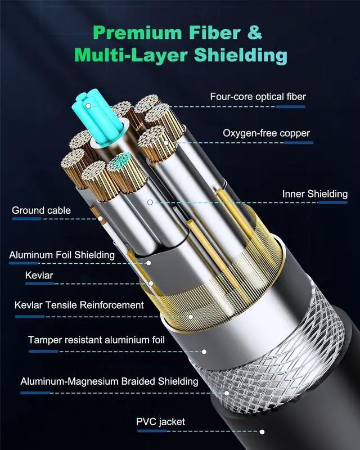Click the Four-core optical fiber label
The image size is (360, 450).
coord(258,97)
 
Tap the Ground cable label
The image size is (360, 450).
coord(41,210)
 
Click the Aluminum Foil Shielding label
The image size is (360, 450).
coord(62,255)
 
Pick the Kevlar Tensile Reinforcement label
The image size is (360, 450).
coord(79,305)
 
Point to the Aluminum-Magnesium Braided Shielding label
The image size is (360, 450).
coord(109,381)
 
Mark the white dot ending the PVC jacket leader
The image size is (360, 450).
coord(262,432)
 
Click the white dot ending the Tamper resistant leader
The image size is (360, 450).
coord(204,352)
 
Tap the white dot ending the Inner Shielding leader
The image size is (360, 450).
coord(150,201)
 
